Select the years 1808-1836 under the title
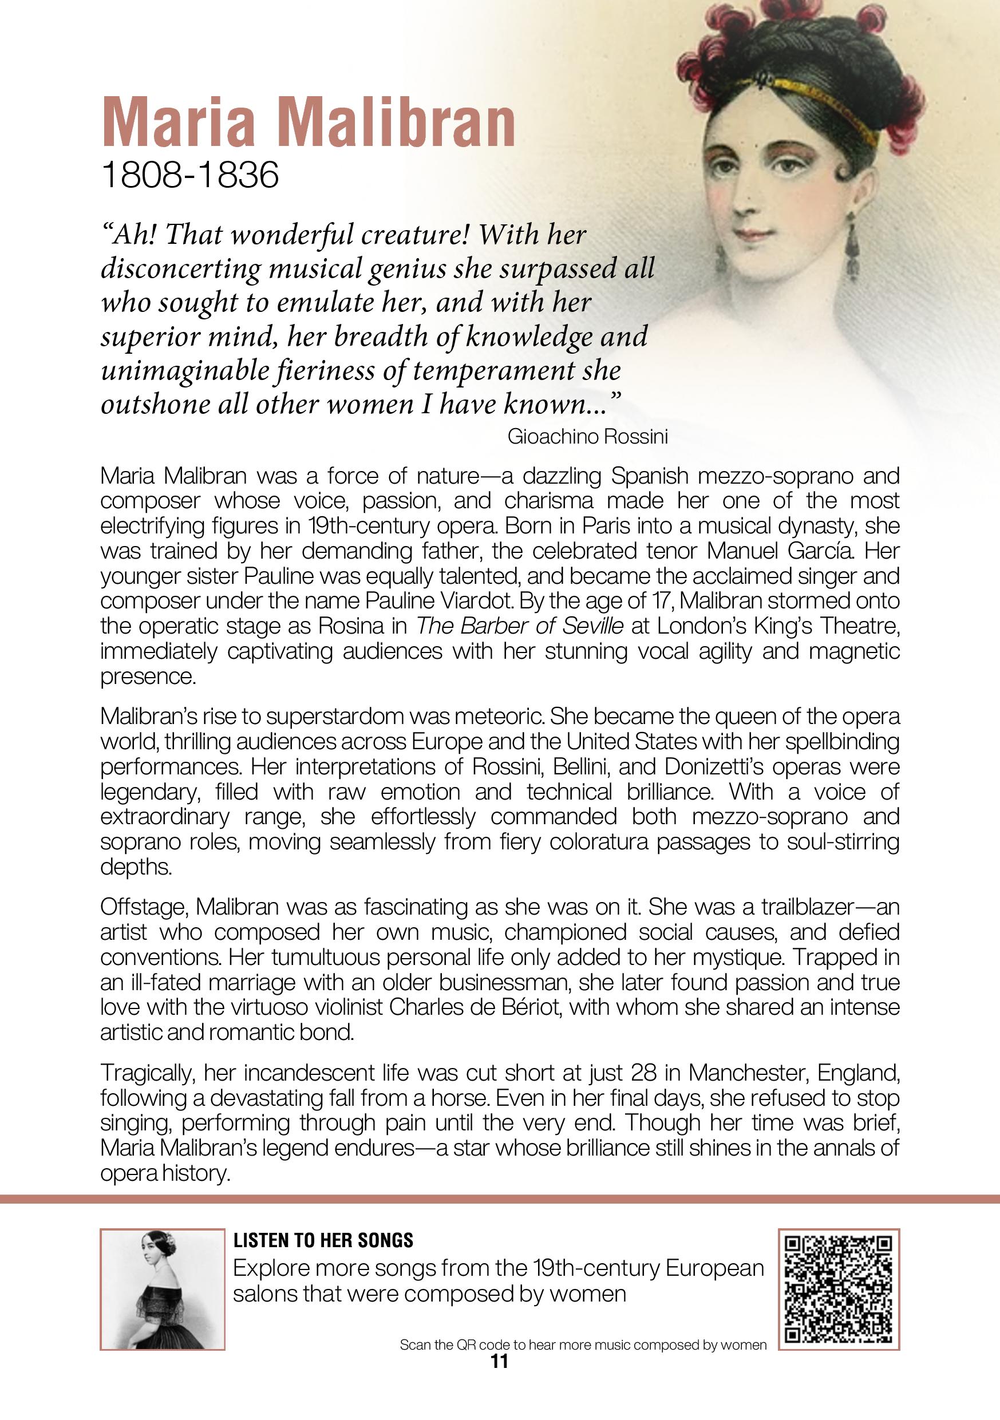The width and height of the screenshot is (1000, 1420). point(190,176)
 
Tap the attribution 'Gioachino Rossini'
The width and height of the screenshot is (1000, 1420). point(587,437)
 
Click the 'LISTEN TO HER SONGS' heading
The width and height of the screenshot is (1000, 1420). point(323,1240)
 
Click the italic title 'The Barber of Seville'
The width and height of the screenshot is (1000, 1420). point(520,627)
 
